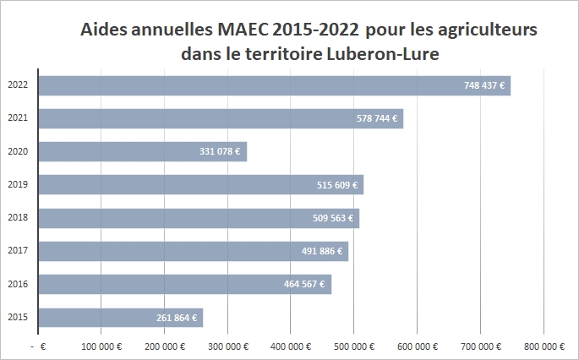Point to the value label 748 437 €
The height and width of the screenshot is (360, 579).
[x=485, y=85]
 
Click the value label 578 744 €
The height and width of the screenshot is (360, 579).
[x=378, y=119]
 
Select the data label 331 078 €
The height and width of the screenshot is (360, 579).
[x=221, y=152]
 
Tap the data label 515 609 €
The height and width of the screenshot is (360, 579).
[x=337, y=185]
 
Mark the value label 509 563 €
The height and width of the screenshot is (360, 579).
[x=334, y=218]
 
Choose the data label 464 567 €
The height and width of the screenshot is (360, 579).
[x=305, y=284]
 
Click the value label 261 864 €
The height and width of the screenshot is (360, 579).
[x=178, y=318]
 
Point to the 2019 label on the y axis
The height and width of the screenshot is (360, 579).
[x=17, y=185]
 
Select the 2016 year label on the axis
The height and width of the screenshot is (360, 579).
[x=17, y=284]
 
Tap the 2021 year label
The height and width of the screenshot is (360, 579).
[x=17, y=119]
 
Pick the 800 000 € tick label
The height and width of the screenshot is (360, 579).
[x=543, y=346]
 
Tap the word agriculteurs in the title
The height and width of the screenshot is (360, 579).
[x=485, y=30]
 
